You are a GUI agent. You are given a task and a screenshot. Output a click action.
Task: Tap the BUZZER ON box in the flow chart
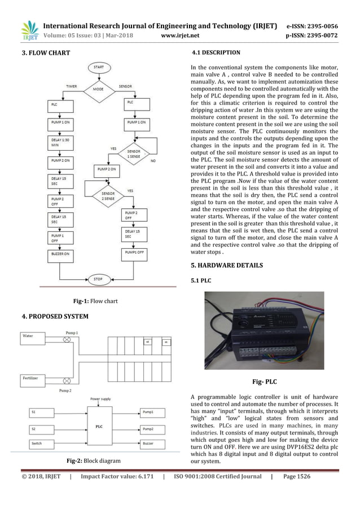pyautogui.click(x=62, y=255)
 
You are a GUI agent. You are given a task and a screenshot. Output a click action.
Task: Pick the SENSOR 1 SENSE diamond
pyautogui.click(x=133, y=153)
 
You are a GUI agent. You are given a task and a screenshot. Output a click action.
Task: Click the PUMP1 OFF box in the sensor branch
pyautogui.click(x=135, y=253)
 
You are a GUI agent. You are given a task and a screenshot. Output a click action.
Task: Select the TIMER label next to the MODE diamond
pyautogui.click(x=71, y=87)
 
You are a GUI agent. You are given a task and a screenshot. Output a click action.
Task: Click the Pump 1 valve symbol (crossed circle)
pyautogui.click(x=67, y=340)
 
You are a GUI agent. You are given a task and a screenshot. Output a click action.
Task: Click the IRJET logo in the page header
pyautogui.click(x=29, y=31)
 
